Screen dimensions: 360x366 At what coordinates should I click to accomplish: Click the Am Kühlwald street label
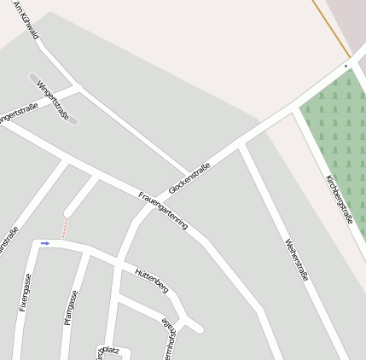(26, 20)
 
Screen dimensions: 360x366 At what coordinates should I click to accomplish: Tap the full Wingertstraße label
(53, 100)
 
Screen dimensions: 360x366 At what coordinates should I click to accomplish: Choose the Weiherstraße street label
(296, 260)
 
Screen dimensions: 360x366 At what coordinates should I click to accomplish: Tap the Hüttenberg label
(152, 280)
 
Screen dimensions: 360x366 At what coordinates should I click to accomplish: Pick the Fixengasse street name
(25, 292)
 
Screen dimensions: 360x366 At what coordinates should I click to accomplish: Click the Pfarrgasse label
(71, 308)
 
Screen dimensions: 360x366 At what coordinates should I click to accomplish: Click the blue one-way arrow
(45, 243)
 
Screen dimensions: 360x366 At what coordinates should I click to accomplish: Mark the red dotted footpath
(64, 228)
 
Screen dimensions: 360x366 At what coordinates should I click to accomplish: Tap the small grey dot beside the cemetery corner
(346, 66)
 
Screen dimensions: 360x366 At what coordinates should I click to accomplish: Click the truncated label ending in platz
(110, 351)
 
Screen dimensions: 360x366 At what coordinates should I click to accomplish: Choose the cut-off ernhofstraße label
(171, 339)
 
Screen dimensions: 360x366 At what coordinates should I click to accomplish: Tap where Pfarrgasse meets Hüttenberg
(87, 249)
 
